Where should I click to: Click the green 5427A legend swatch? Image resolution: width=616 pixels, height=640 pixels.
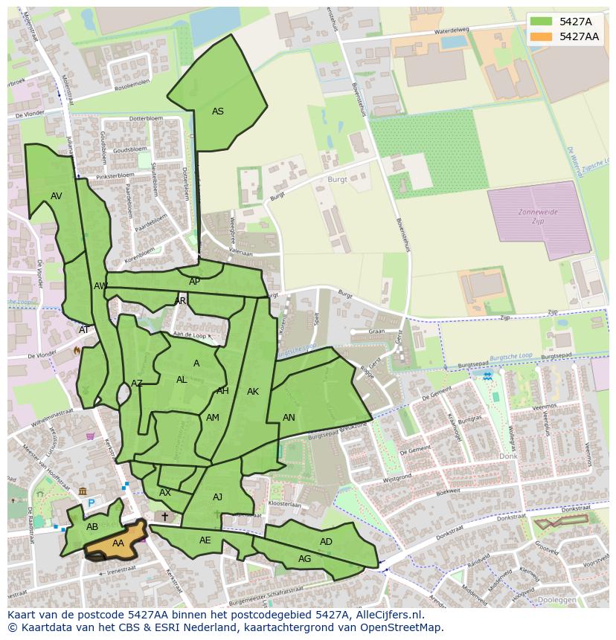pyautogui.click(x=541, y=22)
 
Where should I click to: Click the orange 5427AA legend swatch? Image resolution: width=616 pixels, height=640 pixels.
pyautogui.click(x=541, y=36)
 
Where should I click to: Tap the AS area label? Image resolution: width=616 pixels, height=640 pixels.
pyautogui.click(x=217, y=111)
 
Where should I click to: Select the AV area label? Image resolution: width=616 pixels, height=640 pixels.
pyautogui.click(x=57, y=196)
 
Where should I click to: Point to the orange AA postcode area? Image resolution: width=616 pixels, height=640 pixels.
pyautogui.click(x=118, y=543)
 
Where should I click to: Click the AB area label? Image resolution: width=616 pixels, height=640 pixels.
pyautogui.click(x=92, y=527)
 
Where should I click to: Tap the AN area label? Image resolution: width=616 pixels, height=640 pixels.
pyautogui.click(x=289, y=418)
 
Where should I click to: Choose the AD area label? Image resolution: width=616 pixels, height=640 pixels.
pyautogui.click(x=326, y=542)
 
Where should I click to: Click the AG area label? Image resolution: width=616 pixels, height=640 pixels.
pyautogui.click(x=304, y=559)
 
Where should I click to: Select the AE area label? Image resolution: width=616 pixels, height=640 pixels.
pyautogui.click(x=205, y=540)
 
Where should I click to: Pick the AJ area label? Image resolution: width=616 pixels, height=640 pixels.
pyautogui.click(x=217, y=497)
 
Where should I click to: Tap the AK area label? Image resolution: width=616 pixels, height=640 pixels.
pyautogui.click(x=253, y=392)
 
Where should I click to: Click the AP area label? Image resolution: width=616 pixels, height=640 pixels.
pyautogui.click(x=194, y=282)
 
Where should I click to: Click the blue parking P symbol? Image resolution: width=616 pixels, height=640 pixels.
pyautogui.click(x=92, y=503)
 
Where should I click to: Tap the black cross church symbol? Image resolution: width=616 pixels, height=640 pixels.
pyautogui.click(x=164, y=516)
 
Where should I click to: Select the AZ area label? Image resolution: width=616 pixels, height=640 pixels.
pyautogui.click(x=137, y=384)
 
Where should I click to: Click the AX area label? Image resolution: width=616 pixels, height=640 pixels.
pyautogui.click(x=165, y=493)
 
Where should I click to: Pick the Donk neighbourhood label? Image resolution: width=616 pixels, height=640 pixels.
pyautogui.click(x=508, y=456)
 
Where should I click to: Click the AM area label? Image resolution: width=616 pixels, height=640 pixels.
pyautogui.click(x=213, y=418)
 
